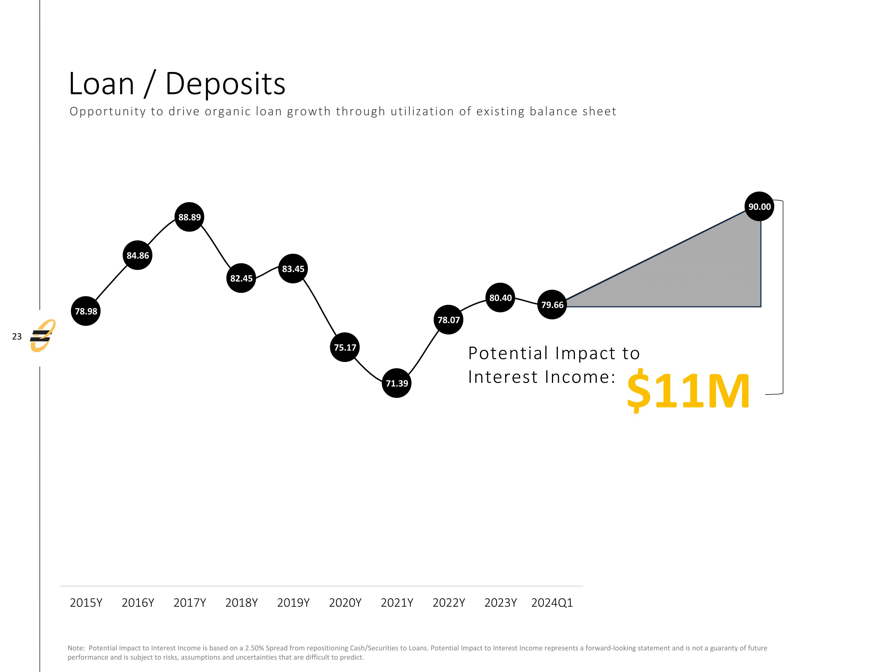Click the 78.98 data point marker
click(86, 311)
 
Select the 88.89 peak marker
click(189, 217)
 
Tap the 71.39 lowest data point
click(396, 383)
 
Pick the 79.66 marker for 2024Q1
click(552, 305)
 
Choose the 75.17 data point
click(345, 347)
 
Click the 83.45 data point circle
click(293, 269)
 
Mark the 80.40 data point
click(500, 298)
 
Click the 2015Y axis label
click(86, 603)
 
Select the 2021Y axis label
click(397, 603)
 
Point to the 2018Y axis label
click(242, 603)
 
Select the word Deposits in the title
click(225, 84)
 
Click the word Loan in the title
click(101, 84)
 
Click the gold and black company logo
click(42, 336)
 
